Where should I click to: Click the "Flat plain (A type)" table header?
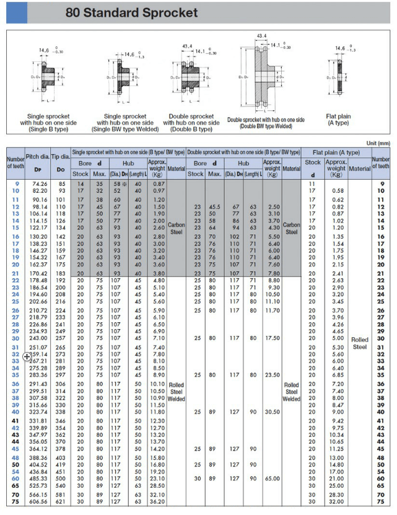[x=336, y=152]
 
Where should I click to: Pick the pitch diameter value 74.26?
[x=40, y=184]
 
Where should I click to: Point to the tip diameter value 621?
[x=60, y=501]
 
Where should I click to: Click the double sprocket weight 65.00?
[x=273, y=479]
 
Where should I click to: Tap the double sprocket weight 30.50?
[x=273, y=411]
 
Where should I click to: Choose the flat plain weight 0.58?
[x=338, y=190]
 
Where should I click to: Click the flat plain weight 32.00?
[x=336, y=501]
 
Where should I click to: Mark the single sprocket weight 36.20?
[x=159, y=501]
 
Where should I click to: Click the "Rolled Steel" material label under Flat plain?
[x=359, y=343]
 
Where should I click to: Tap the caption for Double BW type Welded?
[x=266, y=122]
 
